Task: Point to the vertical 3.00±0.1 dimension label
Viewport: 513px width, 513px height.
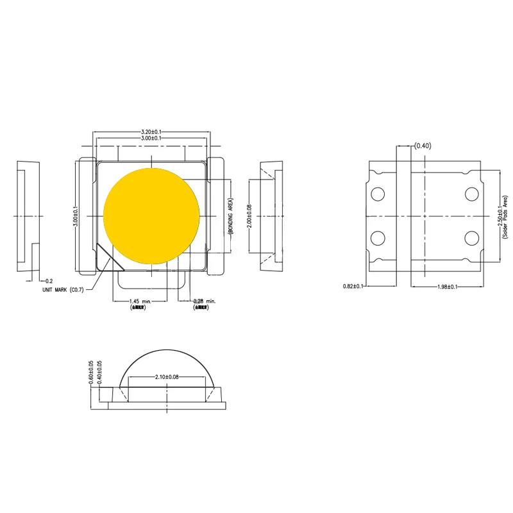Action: coord(75,215)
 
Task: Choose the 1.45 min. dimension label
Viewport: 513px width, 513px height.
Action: coord(140,301)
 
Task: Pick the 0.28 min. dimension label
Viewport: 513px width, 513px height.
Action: coord(205,301)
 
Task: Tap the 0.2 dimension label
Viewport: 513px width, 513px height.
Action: coord(49,281)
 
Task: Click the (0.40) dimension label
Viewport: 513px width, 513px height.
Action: coord(423,146)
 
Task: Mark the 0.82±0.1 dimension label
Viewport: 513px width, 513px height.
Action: coord(353,287)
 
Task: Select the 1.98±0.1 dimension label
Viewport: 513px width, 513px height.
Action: coord(444,287)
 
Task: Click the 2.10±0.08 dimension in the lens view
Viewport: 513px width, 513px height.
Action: coord(166,377)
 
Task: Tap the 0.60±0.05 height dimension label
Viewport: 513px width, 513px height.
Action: coord(91,373)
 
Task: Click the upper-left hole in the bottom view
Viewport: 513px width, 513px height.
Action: coord(378,193)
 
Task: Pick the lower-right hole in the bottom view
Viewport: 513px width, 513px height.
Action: coord(472,239)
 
